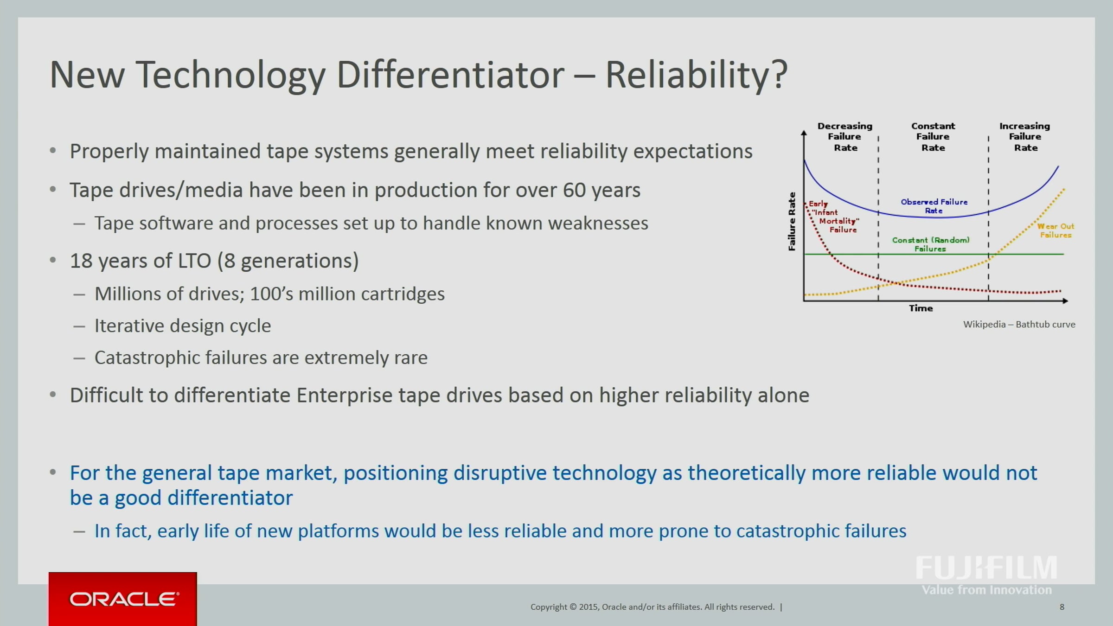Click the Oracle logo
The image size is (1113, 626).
coord(123,599)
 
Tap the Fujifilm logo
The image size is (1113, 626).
coord(986,575)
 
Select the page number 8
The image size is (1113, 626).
coord(1062,607)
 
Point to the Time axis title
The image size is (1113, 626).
coord(921,308)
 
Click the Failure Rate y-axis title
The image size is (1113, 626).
coord(792,222)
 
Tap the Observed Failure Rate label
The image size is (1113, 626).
coord(934,206)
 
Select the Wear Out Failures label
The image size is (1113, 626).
coord(1055,230)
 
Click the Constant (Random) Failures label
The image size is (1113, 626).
coord(931,244)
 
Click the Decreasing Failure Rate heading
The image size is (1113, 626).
coord(845,137)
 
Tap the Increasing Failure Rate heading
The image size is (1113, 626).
coord(1025,137)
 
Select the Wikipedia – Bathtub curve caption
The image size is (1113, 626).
coord(1019,325)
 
